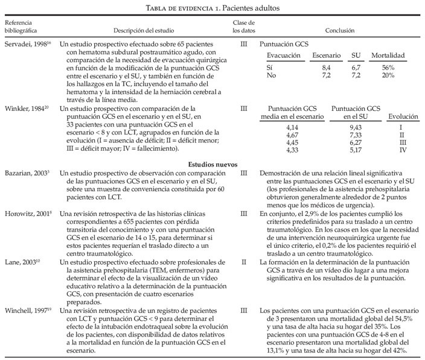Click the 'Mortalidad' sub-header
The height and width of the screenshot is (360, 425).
pyautogui.click(x=388, y=55)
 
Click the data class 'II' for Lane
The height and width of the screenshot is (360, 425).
pyautogui.click(x=243, y=261)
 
